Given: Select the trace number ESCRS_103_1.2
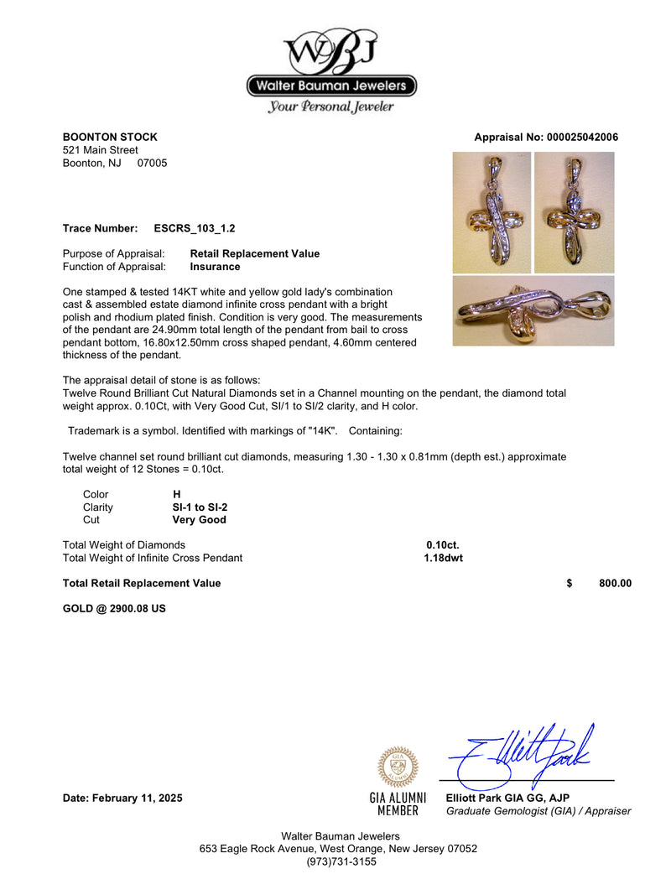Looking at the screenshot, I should pyautogui.click(x=189, y=228).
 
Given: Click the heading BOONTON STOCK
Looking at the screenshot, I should pyautogui.click(x=110, y=138).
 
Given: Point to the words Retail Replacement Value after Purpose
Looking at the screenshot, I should pyautogui.click(x=255, y=253).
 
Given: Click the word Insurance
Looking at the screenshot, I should pyautogui.click(x=215, y=267).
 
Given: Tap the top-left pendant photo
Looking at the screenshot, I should pyautogui.click(x=492, y=212).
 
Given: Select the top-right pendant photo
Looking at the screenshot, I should pyautogui.click(x=574, y=212).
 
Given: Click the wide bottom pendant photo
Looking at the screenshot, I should pyautogui.click(x=533, y=311).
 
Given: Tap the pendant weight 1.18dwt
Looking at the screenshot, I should pyautogui.click(x=443, y=558).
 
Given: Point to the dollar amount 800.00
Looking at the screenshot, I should pyautogui.click(x=615, y=584).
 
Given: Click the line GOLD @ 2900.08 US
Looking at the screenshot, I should pyautogui.click(x=114, y=609).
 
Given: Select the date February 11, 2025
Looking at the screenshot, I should pyautogui.click(x=122, y=799).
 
